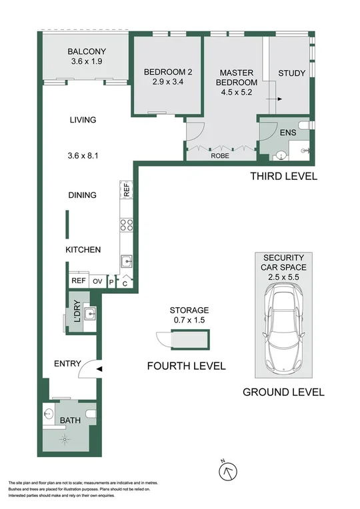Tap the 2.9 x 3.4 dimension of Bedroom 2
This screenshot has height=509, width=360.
[x=166, y=84]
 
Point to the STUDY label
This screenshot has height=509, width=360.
[x=291, y=73]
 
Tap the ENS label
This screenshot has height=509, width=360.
[x=287, y=133]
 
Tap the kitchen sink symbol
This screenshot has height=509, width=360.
[x=125, y=261]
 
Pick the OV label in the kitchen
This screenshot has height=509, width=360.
[x=97, y=282]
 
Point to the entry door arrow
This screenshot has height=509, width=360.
[x=99, y=366]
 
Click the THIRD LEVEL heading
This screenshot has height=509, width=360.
[x=283, y=177]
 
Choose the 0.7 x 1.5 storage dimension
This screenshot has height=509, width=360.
[x=189, y=320]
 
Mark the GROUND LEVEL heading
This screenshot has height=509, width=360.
[x=283, y=392]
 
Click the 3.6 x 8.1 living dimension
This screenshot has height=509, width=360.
[x=83, y=157]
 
